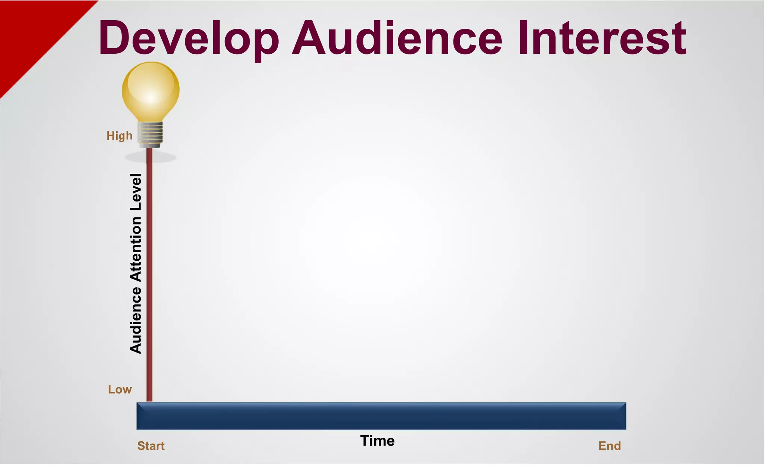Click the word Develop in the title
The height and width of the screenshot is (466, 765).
[189, 38]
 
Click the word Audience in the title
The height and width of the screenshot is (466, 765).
[397, 38]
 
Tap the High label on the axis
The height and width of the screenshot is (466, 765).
[120, 136]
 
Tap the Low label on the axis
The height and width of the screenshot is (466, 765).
[120, 390]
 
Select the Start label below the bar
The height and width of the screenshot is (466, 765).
[151, 446]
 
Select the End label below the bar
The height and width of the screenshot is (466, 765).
[609, 446]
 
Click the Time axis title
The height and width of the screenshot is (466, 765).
[377, 441]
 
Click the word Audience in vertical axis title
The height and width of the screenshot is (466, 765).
[136, 320]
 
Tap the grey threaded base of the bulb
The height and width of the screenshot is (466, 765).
[150, 134]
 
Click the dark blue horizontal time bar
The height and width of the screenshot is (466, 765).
[381, 416]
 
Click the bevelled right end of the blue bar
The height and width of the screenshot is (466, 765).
[624, 416]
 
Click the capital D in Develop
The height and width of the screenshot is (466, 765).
[114, 37]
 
